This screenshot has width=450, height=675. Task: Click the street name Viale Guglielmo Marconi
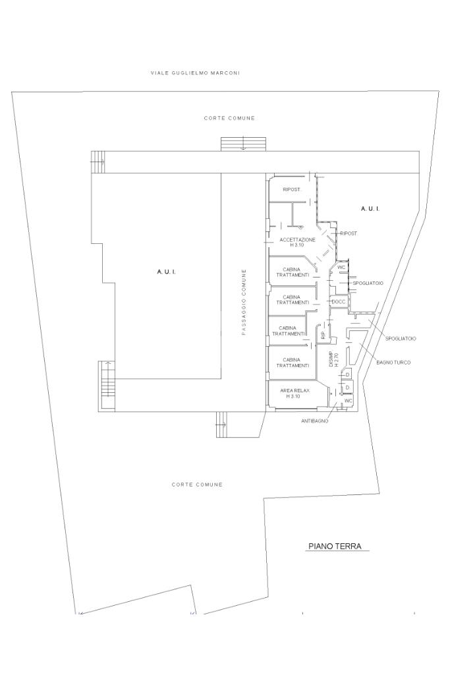click(195, 73)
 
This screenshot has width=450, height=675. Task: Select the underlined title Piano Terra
click(335, 546)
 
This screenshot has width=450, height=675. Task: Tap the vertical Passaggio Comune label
click(244, 302)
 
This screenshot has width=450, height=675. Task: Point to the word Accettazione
click(297, 240)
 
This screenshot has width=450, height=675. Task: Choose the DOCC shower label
click(339, 302)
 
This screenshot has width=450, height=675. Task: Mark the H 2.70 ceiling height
click(337, 359)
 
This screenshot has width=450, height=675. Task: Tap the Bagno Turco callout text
click(393, 363)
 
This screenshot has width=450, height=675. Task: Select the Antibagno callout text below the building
click(315, 421)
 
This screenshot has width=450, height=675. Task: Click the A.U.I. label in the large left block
click(165, 272)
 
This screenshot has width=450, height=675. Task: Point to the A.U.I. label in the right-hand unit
click(370, 209)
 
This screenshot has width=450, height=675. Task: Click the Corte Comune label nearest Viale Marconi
click(229, 118)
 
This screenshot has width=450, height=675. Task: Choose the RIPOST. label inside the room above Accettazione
click(292, 189)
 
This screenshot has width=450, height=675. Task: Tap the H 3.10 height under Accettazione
click(297, 245)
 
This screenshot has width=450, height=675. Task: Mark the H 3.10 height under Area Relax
click(293, 396)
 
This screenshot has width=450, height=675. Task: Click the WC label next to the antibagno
click(349, 400)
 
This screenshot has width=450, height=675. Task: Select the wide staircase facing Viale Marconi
click(244, 144)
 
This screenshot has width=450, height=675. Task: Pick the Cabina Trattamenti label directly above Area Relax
click(293, 363)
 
